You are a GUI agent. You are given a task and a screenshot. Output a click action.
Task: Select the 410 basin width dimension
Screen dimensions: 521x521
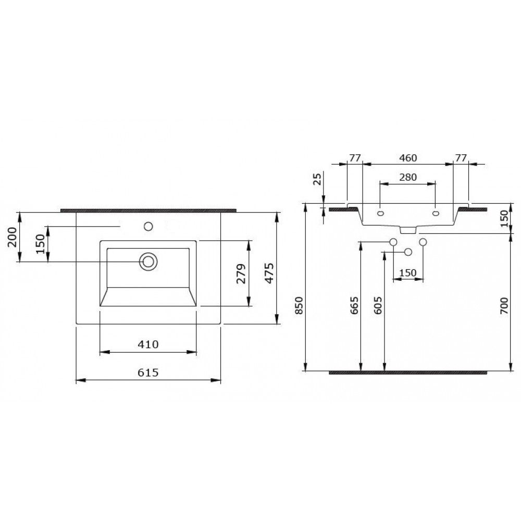tap(148, 344)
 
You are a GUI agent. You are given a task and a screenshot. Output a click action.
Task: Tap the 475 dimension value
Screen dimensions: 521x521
tap(270, 272)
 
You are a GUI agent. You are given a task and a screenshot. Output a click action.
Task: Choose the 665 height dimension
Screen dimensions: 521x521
tap(354, 305)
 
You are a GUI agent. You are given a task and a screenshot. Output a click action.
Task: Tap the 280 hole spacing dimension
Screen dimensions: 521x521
tap(407, 177)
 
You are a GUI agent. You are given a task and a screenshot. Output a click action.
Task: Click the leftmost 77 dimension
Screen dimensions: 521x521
tap(355, 157)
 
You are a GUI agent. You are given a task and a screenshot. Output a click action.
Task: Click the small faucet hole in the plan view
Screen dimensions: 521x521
tap(148, 227)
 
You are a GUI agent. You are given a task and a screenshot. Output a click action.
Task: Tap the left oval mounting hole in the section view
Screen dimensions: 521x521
tap(380, 213)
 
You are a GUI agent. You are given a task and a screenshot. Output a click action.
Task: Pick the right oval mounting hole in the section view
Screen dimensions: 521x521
tap(436, 213)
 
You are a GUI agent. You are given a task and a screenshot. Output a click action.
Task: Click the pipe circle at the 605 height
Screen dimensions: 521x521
tap(408, 252)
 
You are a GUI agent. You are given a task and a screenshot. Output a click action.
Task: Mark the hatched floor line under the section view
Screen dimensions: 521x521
tap(408, 372)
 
